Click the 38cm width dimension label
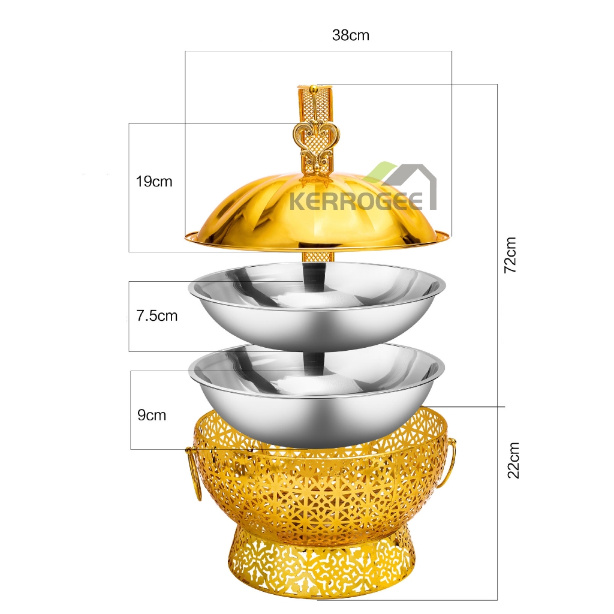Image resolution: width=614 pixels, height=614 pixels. pos(350,35)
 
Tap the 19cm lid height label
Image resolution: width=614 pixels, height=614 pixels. pos(154,182)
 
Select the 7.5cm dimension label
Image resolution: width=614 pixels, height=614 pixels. pos(156,315)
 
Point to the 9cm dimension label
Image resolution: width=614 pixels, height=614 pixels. pos(152,415)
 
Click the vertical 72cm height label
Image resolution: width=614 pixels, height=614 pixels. pos(511,255)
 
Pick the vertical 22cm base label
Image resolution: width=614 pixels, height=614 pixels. pos(513,460)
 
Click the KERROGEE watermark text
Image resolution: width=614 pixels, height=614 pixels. pos(356,202)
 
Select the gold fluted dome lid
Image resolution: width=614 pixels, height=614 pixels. pos(317,213)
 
